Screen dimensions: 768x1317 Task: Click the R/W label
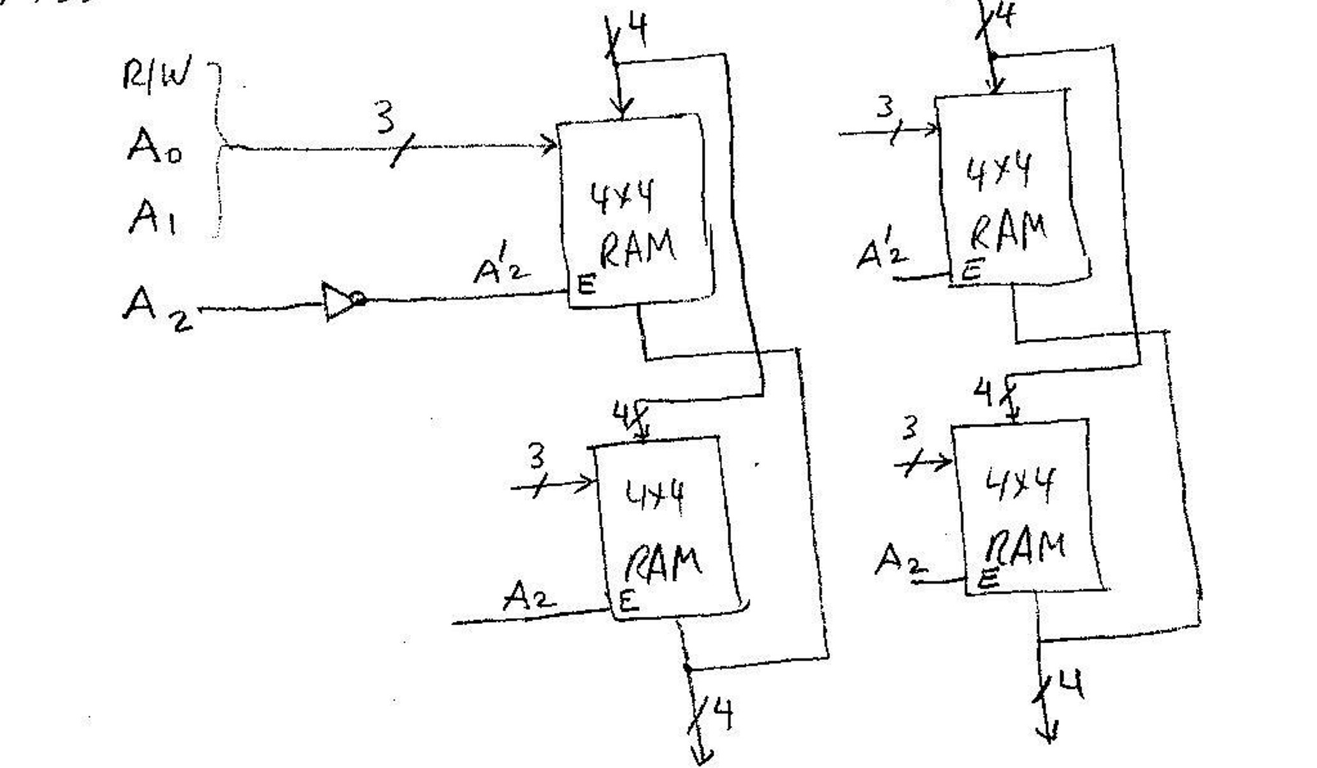157,75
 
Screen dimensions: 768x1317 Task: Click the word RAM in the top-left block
637,249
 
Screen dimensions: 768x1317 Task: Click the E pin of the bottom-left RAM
628,600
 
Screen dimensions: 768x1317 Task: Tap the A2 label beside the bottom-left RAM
529,597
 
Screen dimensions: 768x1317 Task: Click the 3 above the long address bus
385,118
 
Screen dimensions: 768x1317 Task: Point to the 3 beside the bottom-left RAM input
536,456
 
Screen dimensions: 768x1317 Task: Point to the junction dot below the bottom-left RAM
687,667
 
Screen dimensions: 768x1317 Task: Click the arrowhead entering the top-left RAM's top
621,108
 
